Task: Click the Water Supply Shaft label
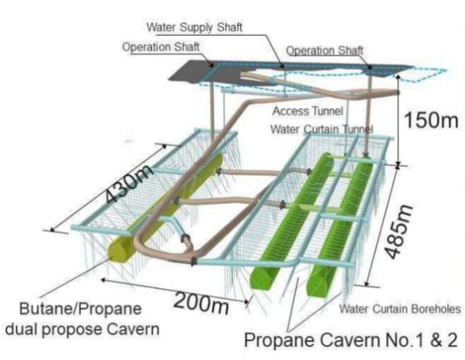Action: tap(194, 28)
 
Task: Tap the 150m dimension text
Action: tap(431, 120)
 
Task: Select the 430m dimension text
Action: tap(128, 184)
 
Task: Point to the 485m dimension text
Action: tap(399, 232)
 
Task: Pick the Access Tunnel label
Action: tap(307, 111)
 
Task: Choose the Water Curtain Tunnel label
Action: tap(321, 129)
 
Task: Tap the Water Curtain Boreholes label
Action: tap(400, 309)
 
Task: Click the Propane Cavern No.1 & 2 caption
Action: tap(350, 339)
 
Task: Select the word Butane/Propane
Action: tap(80, 309)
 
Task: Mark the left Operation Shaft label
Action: tap(161, 47)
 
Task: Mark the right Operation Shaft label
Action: tap(324, 50)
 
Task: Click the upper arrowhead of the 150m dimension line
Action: tap(398, 76)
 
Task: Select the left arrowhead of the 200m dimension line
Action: tap(103, 279)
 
